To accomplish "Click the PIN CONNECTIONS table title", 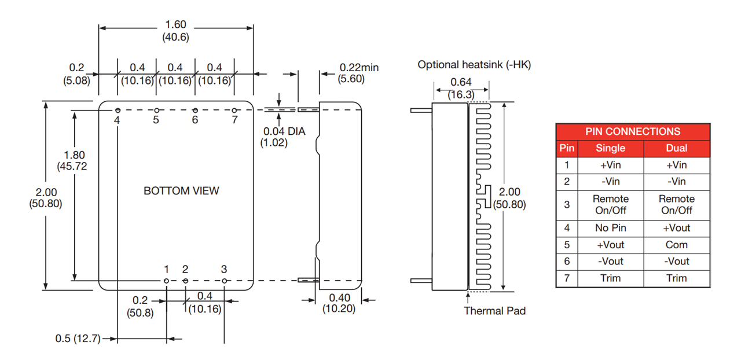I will (x=633, y=131).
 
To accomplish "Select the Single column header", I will (x=610, y=148).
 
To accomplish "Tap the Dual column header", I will (x=676, y=148).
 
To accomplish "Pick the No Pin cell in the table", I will (x=610, y=227).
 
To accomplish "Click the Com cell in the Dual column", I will (x=676, y=244).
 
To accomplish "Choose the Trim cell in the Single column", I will (x=610, y=278).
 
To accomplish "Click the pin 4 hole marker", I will (x=118, y=111).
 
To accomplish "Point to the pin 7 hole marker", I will (x=234, y=111).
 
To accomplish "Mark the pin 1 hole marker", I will (x=166, y=281).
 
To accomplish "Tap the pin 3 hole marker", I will (x=225, y=281).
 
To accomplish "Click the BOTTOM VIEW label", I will (x=181, y=191).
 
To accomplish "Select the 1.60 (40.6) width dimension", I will (x=176, y=31).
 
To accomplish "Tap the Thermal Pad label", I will (x=494, y=311).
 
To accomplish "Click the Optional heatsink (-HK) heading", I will (x=474, y=65).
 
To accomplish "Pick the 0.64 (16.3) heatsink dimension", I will (x=461, y=88).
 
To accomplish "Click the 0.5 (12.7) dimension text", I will (x=78, y=339).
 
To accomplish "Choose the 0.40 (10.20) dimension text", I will (x=339, y=303).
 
